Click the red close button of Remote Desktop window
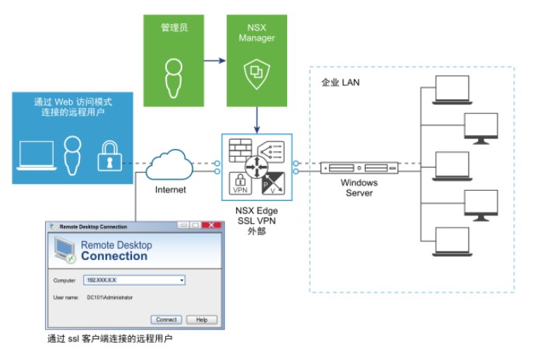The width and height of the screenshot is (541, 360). point(208,225)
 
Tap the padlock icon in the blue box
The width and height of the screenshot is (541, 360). point(109,157)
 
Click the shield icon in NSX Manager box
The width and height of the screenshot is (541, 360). point(255,74)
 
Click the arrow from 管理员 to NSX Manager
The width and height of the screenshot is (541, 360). point(215,59)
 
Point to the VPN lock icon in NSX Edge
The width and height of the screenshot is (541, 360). point(240,184)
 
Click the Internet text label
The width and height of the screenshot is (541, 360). point(171,189)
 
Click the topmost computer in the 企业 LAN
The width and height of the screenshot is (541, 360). point(453,90)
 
